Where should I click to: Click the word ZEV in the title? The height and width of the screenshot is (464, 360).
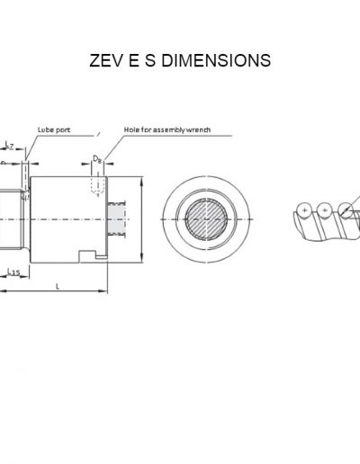(107, 60)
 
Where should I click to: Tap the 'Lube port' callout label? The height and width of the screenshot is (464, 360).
(52, 129)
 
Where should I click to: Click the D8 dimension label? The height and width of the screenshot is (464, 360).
(96, 160)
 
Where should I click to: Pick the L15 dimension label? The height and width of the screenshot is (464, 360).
(13, 270)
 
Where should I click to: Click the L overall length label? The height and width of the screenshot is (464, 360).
(58, 285)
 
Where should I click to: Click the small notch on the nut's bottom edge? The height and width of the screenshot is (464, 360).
(87, 255)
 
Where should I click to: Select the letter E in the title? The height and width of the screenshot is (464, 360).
(138, 60)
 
